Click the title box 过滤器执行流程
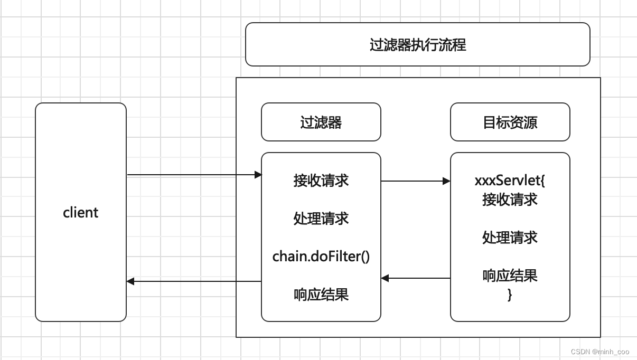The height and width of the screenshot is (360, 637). pos(417,44)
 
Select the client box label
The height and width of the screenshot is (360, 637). pos(80,213)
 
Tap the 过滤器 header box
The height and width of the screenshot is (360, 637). pos(321,122)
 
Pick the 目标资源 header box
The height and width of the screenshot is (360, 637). pos(510,122)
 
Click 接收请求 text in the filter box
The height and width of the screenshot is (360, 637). pos(321,181)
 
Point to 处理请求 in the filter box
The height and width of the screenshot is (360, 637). pos(321,219)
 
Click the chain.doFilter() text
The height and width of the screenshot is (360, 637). pos(321,257)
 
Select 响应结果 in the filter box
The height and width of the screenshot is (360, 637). pos(321,295)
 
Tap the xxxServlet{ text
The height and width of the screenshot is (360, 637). pos(510,181)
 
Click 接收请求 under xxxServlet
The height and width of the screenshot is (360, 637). pos(510,200)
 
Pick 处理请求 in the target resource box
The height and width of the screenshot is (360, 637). pos(510,238)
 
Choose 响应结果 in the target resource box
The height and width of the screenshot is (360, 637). pos(510,276)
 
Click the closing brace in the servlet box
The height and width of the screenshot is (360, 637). pos(510,295)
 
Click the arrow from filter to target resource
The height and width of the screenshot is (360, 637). pos(415,181)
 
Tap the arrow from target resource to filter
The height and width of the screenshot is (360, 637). pos(415,278)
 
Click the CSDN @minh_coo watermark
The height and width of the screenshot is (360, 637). pos(601,352)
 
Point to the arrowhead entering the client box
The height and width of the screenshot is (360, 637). pos(130,281)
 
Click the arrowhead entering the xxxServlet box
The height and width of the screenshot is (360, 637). pos(447,181)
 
